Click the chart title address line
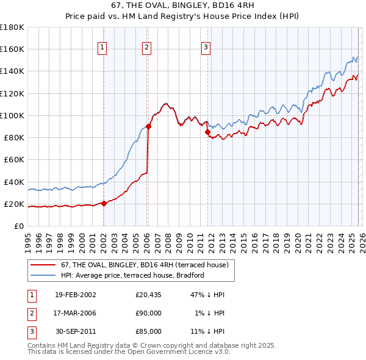pos(183,5)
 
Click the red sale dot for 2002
pos(104,203)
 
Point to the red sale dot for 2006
pos(148,126)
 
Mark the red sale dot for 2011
pos(208,132)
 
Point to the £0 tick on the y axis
pos(18,226)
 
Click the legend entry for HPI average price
pos(132,276)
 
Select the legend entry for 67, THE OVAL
pos(144,265)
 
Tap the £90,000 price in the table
pos(148,313)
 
